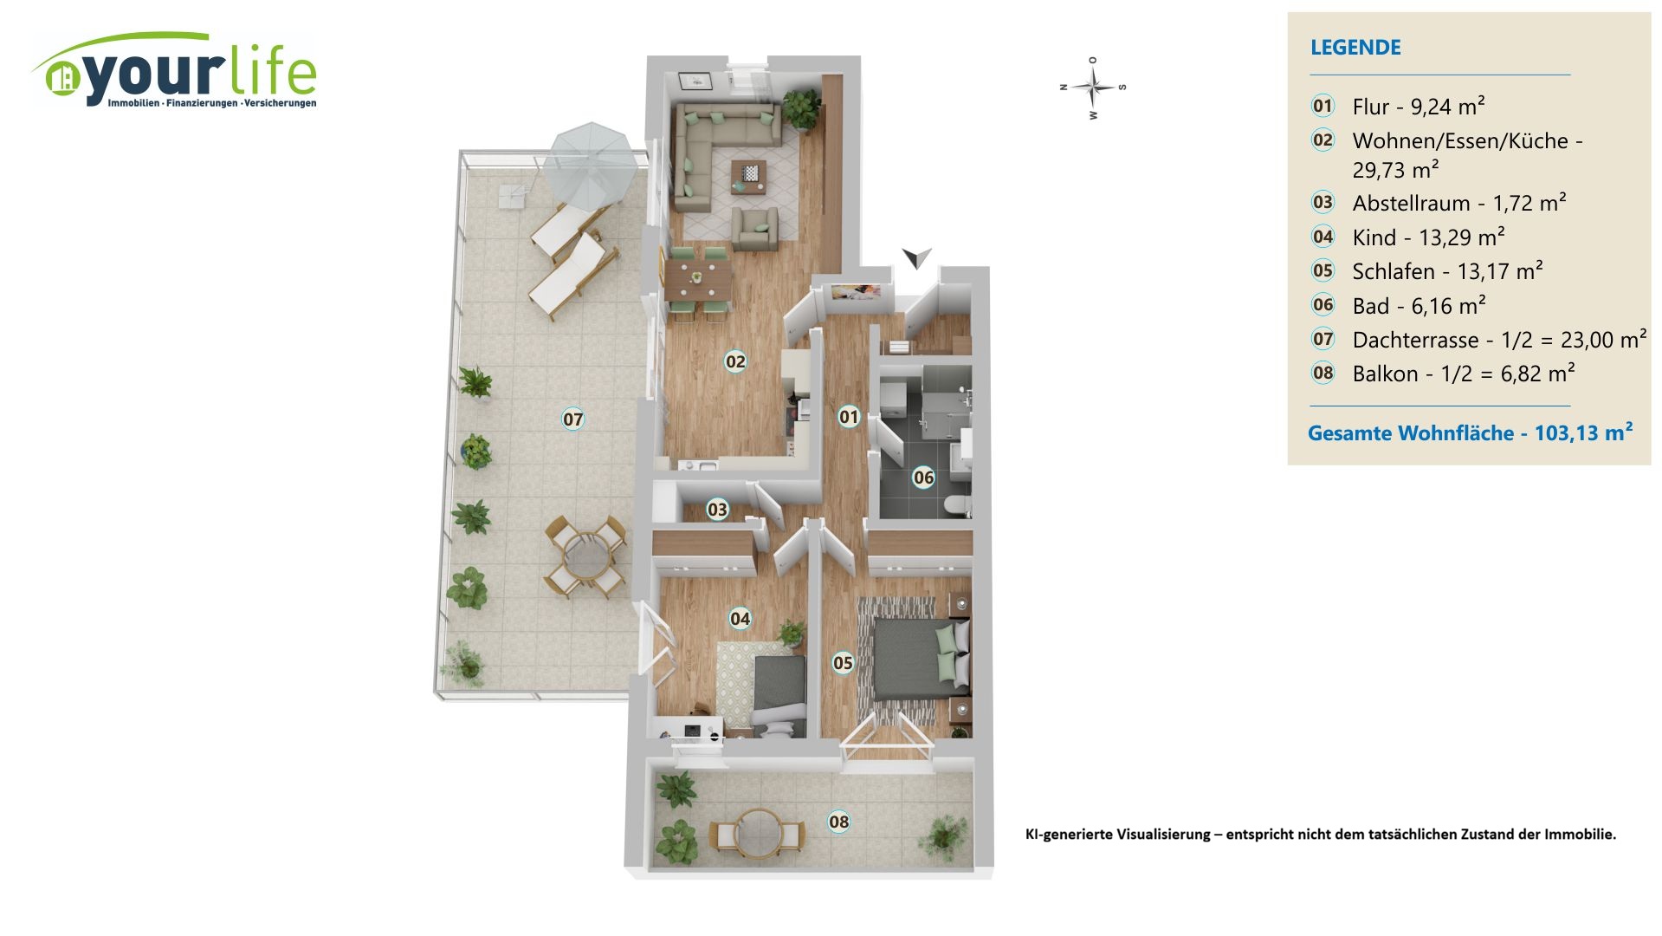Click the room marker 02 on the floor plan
735,361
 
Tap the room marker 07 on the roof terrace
573,419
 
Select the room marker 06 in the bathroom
924,478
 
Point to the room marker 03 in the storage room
717,510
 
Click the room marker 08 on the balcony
838,822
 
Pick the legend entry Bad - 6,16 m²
1419,306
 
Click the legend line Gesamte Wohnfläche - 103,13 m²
1470,432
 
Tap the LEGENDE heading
1355,48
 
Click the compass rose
1093,88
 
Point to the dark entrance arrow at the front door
916,257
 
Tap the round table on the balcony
759,833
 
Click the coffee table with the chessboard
748,173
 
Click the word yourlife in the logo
199,74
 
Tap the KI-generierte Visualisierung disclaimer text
1320,835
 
